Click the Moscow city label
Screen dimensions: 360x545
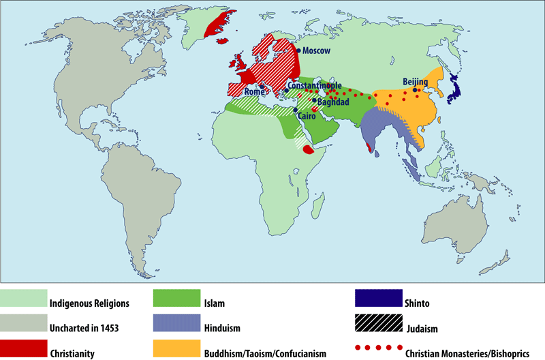point(316,51)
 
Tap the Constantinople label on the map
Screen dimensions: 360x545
point(315,85)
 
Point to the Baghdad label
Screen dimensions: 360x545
point(334,102)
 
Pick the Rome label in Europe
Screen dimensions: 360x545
point(254,91)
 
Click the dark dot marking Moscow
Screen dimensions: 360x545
point(298,50)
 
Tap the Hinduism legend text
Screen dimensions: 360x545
point(222,328)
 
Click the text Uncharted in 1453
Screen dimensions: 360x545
point(84,328)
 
